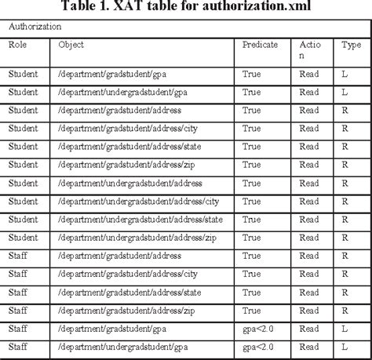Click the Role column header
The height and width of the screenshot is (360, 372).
pos(16,45)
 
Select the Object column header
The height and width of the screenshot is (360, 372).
pos(71,45)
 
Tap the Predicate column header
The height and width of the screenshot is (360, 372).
pos(260,45)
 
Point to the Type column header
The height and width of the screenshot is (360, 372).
pos(351,45)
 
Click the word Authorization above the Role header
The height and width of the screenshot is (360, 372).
pos(35,27)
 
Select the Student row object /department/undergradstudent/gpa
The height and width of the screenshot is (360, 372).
pos(122,93)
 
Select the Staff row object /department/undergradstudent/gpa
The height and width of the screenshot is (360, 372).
pos(122,346)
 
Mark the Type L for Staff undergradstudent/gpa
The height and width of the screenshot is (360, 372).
pos(345,346)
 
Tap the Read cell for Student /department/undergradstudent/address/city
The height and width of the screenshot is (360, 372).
pos(309,201)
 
